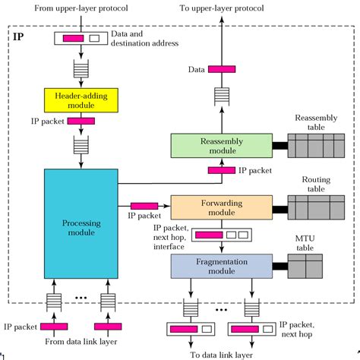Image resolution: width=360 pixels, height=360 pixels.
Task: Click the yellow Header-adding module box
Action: [81, 100]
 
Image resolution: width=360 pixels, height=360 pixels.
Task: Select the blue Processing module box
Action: [81, 224]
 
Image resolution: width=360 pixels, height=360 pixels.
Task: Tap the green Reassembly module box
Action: [222, 146]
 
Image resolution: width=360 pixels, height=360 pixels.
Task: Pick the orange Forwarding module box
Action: [222, 207]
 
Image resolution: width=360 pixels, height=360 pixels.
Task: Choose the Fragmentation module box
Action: [222, 267]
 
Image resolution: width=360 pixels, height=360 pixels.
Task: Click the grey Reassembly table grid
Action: [316, 146]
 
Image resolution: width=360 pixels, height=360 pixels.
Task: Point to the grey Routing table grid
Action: [316, 207]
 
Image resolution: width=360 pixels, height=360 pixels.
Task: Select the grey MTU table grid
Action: [305, 267]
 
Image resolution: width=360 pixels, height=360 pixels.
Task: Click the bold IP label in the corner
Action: [18, 37]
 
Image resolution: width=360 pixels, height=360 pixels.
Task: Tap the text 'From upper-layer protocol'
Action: [81, 8]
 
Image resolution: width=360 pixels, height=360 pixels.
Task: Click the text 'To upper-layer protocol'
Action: [222, 8]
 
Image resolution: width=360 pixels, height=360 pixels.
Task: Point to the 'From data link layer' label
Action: [81, 342]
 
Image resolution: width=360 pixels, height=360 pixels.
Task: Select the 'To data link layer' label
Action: [222, 355]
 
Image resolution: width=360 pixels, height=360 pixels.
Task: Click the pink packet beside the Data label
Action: [222, 69]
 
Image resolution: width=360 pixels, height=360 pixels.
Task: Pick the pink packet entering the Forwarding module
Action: [144, 206]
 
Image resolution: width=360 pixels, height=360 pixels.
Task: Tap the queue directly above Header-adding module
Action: [81, 68]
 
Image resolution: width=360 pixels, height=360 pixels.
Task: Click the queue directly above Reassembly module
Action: [222, 96]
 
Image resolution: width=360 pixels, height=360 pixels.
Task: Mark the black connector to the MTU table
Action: [280, 267]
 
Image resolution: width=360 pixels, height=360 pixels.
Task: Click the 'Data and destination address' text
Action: [144, 39]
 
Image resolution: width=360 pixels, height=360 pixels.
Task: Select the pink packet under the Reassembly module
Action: [222, 170]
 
